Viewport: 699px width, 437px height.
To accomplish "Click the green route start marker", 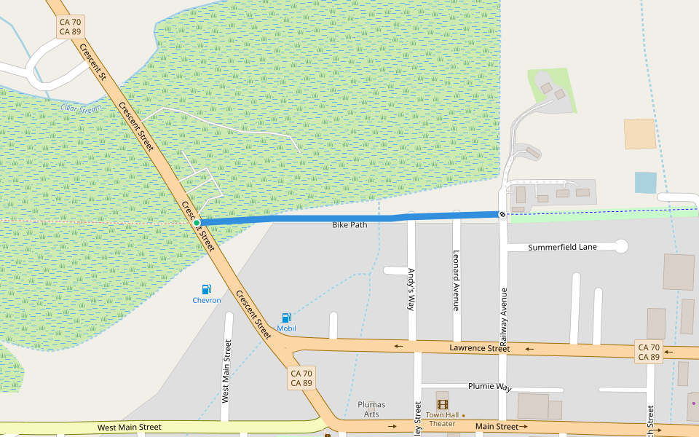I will click(197, 223).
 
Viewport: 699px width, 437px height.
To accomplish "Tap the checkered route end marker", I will click(502, 213).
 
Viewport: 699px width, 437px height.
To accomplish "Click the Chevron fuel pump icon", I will click(207, 289).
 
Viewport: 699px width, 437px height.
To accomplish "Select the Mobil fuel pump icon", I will click(286, 318).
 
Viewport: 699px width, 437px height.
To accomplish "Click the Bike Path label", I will click(349, 225).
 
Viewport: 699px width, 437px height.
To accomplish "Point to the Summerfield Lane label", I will click(562, 247).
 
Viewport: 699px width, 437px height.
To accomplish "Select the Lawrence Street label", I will click(479, 349).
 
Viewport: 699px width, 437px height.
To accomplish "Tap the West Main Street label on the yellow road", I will click(130, 427).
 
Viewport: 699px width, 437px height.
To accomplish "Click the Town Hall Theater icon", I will click(442, 404).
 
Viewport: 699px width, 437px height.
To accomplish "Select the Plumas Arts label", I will click(371, 409).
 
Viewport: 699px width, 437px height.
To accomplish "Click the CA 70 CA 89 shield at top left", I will click(71, 27).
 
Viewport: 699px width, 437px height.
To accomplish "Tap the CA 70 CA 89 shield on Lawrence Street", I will click(648, 352).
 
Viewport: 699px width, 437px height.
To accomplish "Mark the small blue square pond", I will click(645, 182).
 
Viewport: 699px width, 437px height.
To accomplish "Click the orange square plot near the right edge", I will click(640, 134).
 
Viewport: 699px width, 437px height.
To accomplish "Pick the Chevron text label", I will click(207, 300).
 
